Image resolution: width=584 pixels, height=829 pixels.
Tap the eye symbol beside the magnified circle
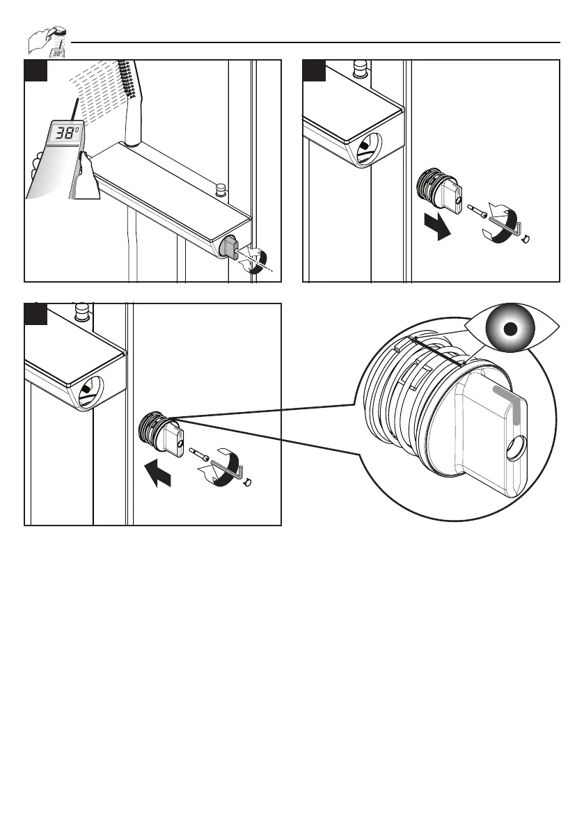coord(510,329)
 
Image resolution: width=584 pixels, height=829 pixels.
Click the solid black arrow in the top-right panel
coord(437,226)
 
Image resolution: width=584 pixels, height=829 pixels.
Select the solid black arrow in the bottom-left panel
coord(158,473)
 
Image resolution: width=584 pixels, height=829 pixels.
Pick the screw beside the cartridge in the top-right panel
coord(478,210)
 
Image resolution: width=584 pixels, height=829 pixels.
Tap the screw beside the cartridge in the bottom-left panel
coord(198,454)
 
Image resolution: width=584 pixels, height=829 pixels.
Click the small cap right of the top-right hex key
coord(525,239)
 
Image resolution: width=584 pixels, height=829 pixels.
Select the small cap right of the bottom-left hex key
coord(248,481)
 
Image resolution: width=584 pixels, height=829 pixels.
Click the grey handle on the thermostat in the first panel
coord(230,248)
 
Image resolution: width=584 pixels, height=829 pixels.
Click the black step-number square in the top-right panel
coord(314,71)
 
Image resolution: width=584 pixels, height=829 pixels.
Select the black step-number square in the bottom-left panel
coord(36,314)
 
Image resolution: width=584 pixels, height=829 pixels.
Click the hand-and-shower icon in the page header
coord(47,42)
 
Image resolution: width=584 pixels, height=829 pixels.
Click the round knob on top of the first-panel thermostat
coord(221,188)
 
